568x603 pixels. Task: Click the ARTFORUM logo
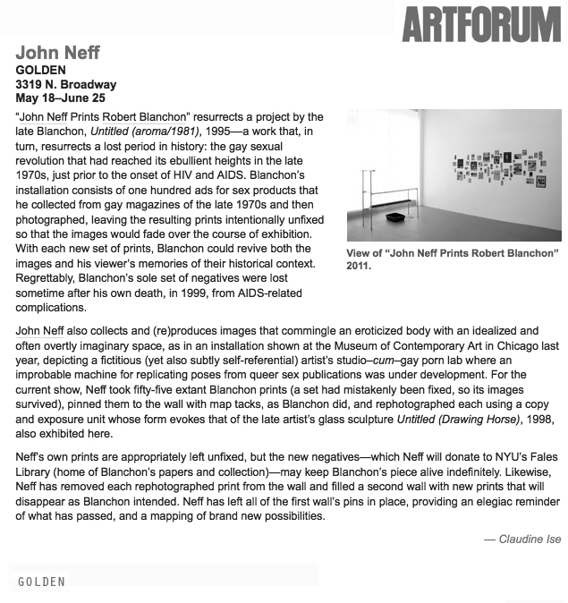tap(483, 22)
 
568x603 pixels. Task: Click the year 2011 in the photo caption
tap(360, 267)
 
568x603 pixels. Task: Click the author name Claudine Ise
tap(528, 539)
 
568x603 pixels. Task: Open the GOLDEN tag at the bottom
tap(42, 582)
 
